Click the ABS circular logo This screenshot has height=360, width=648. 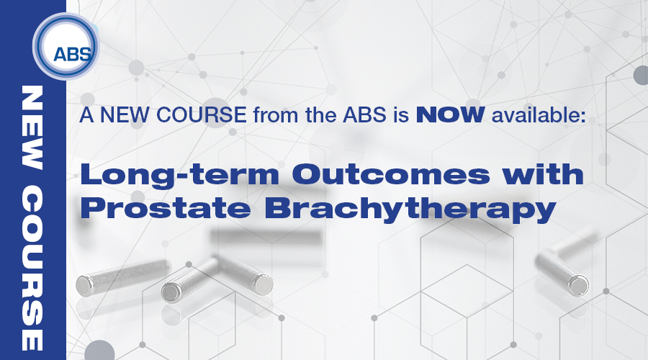(x=66, y=46)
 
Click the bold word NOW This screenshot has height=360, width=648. (x=450, y=114)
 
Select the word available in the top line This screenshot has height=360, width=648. (x=539, y=114)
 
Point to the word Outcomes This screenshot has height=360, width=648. (x=390, y=174)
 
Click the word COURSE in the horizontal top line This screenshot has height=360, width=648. (x=202, y=114)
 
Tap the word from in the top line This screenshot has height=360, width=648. (x=276, y=115)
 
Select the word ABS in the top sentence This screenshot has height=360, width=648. (x=364, y=114)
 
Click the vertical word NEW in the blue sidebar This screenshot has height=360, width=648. (x=32, y=127)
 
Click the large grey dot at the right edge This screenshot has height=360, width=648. (x=641, y=75)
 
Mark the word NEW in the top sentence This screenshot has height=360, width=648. (x=125, y=114)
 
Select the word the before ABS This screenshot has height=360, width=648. (x=320, y=114)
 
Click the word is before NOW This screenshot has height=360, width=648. (x=401, y=114)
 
